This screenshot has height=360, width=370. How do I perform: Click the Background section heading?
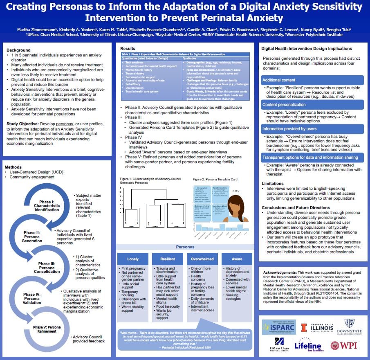tap(19, 50)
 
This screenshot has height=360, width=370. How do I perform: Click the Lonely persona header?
tap(133, 259)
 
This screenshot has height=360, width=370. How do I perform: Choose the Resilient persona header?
tap(168, 259)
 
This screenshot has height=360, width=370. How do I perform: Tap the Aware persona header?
tap(237, 259)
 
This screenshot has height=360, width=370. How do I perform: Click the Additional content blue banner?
tap(312, 80)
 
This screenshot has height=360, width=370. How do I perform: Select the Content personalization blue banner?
tap(312, 104)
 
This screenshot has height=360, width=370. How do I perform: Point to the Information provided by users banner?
tap(312, 128)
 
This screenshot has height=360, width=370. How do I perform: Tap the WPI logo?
tap(344, 345)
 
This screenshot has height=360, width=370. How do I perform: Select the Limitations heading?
tap(274, 183)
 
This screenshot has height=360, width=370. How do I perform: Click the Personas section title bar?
tap(185, 247)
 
